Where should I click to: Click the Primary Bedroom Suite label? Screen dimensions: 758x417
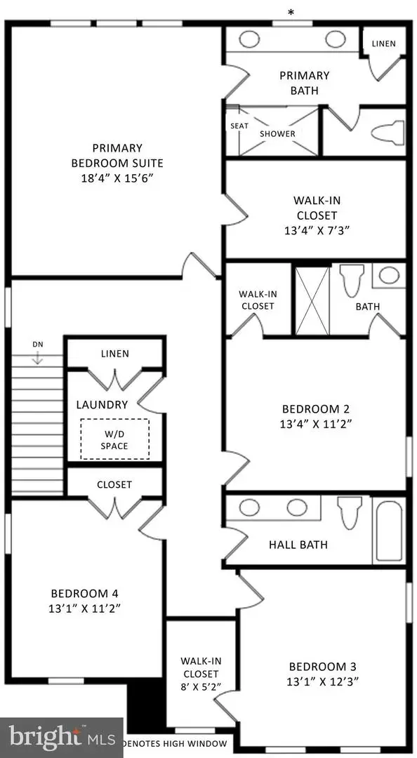click(x=117, y=155)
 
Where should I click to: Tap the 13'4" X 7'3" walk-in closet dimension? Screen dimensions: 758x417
click(x=315, y=229)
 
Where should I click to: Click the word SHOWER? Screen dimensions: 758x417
click(x=277, y=133)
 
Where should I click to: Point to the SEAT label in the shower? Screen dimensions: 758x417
click(x=238, y=126)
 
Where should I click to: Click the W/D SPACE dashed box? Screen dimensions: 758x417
click(x=114, y=439)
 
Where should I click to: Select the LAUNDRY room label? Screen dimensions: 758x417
click(x=102, y=404)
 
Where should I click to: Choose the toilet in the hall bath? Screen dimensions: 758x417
click(x=348, y=513)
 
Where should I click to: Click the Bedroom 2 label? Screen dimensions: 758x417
click(x=315, y=409)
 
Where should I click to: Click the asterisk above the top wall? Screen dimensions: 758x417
click(x=291, y=11)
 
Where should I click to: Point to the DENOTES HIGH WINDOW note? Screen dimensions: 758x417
click(x=174, y=743)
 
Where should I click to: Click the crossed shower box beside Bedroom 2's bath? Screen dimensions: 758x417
click(x=312, y=300)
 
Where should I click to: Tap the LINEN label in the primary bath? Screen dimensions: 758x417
click(x=383, y=44)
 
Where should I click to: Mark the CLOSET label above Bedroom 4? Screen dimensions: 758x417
click(x=114, y=484)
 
